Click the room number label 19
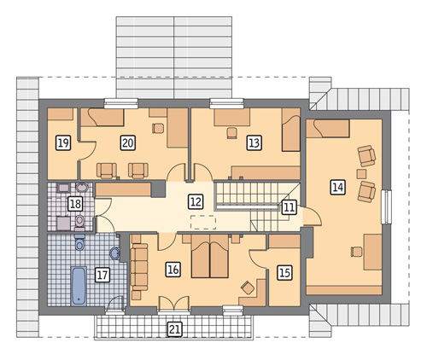click(x=63, y=142)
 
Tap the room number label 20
click(x=127, y=142)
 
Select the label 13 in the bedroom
click(x=254, y=142)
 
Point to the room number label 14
click(x=338, y=188)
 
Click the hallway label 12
click(x=196, y=201)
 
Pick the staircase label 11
click(x=289, y=206)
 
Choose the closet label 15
click(x=284, y=273)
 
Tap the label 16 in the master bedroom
click(x=173, y=270)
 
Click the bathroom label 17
click(x=102, y=275)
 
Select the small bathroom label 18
click(x=75, y=204)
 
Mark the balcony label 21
click(x=174, y=329)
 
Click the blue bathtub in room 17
click(x=79, y=286)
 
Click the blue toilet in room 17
click(x=79, y=242)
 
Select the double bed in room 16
click(x=210, y=256)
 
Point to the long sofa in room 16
click(x=139, y=267)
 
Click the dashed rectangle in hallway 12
click(x=203, y=222)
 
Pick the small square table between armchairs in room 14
click(x=361, y=173)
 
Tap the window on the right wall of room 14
click(x=387, y=206)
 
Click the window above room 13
click(x=227, y=103)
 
